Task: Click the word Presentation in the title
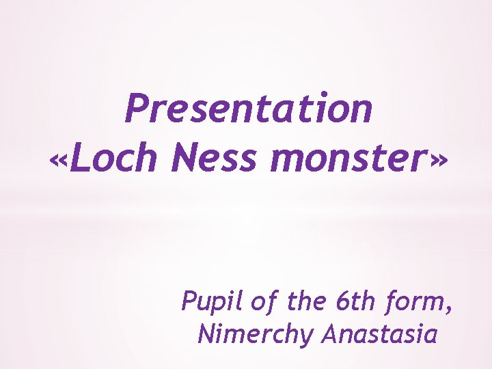249,109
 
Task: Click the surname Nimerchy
256,335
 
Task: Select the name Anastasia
381,334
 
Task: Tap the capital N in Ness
186,160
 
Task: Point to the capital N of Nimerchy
206,334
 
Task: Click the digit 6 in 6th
342,301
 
